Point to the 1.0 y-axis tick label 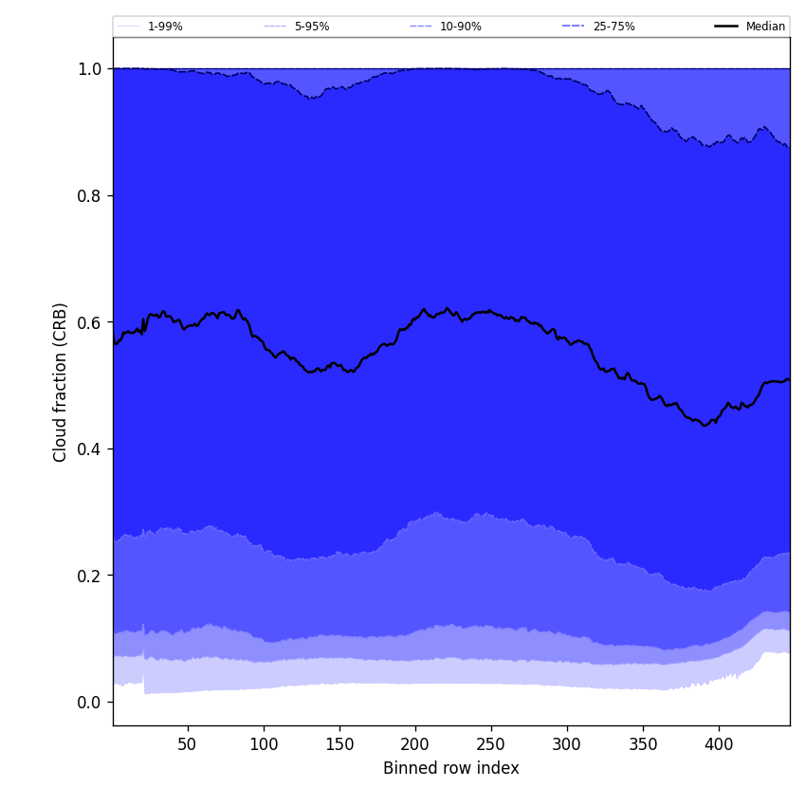click(x=90, y=69)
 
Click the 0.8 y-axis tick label click(x=90, y=195)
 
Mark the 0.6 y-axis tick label click(x=90, y=322)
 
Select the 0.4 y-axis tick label click(x=90, y=449)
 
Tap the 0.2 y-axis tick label click(x=90, y=576)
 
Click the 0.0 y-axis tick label click(x=90, y=702)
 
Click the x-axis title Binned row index click(x=451, y=768)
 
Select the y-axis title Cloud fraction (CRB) click(x=61, y=382)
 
